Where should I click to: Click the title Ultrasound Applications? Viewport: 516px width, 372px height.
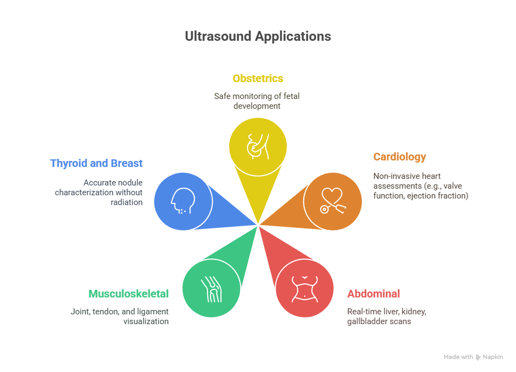pos(257,36)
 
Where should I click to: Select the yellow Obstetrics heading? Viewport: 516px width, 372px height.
pos(257,78)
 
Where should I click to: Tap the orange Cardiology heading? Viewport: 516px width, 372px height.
pos(400,157)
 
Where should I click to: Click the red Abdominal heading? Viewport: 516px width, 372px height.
pos(373,293)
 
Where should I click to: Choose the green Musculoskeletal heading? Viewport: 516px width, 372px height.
pos(128,293)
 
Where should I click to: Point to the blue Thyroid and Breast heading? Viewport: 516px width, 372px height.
pos(96,163)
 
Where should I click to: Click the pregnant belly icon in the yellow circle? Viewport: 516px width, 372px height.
pos(258,147)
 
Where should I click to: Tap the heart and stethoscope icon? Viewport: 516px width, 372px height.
pos(333,201)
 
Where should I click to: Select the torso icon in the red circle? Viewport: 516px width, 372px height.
pos(305,289)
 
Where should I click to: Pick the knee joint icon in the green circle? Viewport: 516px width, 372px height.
pos(211,289)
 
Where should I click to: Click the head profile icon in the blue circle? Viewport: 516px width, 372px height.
pos(183,201)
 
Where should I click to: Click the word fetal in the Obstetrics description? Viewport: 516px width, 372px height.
pos(292,96)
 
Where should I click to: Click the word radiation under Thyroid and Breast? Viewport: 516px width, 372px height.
pos(126,202)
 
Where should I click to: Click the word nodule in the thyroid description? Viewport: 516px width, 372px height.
pos(130,183)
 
